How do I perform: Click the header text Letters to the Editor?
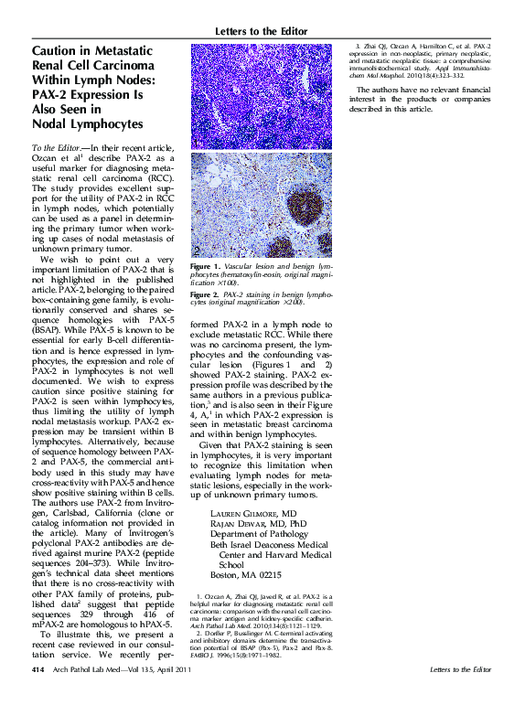(x=264, y=32)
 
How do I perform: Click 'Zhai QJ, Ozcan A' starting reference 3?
(x=393, y=46)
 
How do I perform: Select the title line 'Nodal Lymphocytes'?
(x=87, y=123)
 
